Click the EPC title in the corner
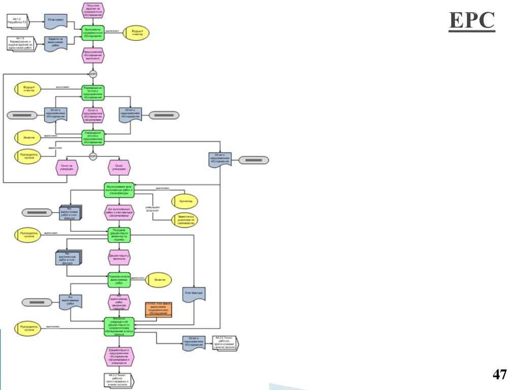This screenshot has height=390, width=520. coord(472,21)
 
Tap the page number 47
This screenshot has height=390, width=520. coord(500,375)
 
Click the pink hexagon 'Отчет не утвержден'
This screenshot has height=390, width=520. coord(67,168)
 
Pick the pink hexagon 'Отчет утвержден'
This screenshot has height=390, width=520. coord(119,168)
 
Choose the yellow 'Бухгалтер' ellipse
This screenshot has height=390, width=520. coord(185,202)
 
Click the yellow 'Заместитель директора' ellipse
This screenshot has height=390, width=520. coord(185,219)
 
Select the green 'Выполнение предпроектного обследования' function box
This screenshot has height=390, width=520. coord(93,33)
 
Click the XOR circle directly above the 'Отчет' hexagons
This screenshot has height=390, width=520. coord(93,156)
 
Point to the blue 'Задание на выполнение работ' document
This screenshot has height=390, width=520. coord(55,44)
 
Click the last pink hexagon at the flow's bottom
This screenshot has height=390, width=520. coord(119,356)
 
